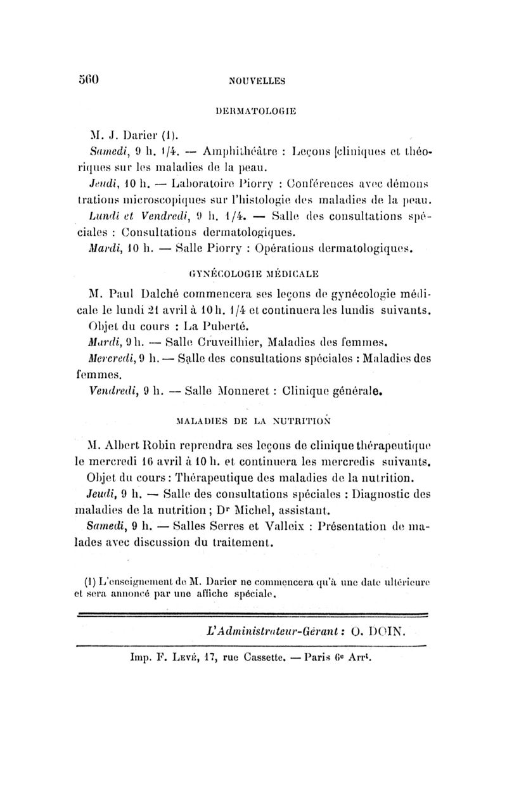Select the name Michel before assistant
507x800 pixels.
click(253, 503)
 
